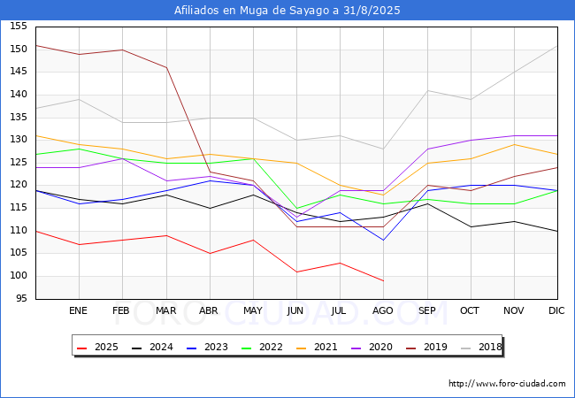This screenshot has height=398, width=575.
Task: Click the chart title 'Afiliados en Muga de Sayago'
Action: pos(287,11)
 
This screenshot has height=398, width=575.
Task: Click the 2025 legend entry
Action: pos(98,348)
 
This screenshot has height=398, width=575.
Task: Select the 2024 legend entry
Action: pos(153,348)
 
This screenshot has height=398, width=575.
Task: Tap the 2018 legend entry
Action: pos(482,348)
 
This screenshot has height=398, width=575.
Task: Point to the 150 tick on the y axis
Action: pos(19,49)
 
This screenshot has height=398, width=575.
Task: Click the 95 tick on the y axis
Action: pos(21,299)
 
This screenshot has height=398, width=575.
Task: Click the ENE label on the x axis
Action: pos(79,310)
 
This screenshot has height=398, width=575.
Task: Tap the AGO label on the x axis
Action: pos(383,310)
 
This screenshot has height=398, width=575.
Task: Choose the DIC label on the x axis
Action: pos(557,310)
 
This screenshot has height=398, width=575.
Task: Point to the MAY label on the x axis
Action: pos(253,310)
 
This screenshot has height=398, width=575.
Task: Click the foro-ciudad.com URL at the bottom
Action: pos(507,384)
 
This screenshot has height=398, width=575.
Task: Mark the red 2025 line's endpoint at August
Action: pos(383,281)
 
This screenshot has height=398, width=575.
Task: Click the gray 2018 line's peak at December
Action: pos(557,45)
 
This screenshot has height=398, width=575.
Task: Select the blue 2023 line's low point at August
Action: pos(383,240)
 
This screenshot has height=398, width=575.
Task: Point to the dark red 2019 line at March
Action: pos(166,67)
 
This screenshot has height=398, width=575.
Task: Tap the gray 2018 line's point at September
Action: pos(427,90)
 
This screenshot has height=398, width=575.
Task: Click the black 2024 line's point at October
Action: pos(471,226)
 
